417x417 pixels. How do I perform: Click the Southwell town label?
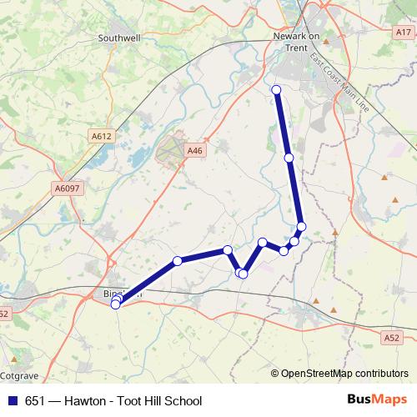[x=118, y=38]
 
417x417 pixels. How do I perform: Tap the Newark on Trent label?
[x=296, y=42]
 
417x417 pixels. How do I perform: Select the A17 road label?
[x=404, y=33]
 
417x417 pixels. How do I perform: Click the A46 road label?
[x=194, y=151]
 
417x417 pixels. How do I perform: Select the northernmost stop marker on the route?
[x=277, y=90]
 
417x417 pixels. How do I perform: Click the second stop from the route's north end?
[x=289, y=158]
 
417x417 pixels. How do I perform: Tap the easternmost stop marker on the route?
[x=302, y=227]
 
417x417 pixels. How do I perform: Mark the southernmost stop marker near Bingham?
[x=115, y=304]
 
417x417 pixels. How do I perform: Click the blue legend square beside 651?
[x=13, y=401]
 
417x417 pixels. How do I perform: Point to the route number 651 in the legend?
[x=35, y=401]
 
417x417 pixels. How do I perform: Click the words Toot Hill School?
[x=160, y=401]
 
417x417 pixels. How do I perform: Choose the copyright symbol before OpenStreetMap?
[x=276, y=373]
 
